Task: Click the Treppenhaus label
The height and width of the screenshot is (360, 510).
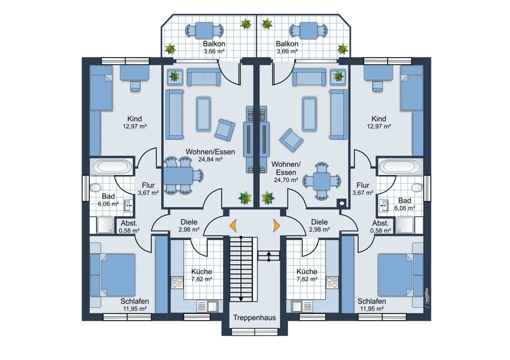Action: coord(254,318)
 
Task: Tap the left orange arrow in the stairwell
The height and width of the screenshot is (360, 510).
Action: coord(233,225)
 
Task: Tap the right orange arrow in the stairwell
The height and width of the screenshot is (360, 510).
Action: coord(276,225)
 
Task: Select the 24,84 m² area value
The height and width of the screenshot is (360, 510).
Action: coord(210,160)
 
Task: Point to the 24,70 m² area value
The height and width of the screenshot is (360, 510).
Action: coord(286,179)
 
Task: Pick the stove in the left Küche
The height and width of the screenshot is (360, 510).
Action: coord(177,282)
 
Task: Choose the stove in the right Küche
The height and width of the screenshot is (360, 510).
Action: coord(332,282)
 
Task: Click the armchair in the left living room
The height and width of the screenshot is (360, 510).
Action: coord(225,130)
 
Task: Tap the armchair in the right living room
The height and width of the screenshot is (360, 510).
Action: coord(291,140)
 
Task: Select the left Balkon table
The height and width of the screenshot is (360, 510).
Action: coord(205,31)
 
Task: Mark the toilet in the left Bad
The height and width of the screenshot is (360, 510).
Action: coord(95,188)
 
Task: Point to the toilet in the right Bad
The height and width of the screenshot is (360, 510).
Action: coord(417,188)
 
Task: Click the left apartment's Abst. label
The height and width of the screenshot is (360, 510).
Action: coord(129,223)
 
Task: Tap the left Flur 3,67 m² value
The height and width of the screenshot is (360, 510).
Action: coord(148,193)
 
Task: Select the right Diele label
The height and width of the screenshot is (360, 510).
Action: coord(319,222)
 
